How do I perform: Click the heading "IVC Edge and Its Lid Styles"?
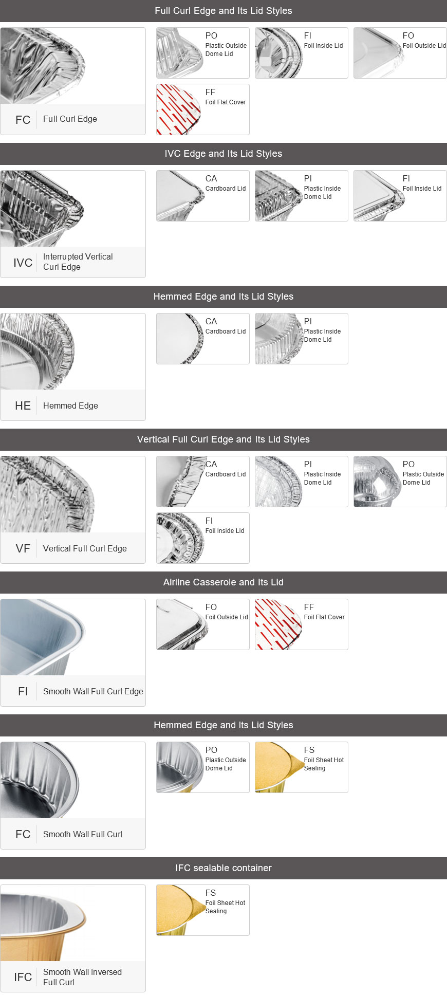[x=223, y=154]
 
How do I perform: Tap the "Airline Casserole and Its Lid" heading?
[x=223, y=582]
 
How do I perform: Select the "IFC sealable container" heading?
[x=223, y=868]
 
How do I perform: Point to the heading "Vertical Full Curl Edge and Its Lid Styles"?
[x=223, y=439]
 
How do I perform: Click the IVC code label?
[x=23, y=263]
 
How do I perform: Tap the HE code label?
[x=23, y=405]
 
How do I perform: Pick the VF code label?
[x=23, y=548]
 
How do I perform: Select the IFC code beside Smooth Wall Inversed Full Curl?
[x=23, y=977]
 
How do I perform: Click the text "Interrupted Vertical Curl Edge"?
[x=78, y=262]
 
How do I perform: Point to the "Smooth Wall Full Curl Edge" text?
[x=93, y=691]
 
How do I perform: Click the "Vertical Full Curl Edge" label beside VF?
[x=85, y=548]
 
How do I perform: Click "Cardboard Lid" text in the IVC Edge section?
[x=226, y=189]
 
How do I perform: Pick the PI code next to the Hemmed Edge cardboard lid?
[x=308, y=321]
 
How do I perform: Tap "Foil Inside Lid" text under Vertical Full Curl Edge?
[x=225, y=531]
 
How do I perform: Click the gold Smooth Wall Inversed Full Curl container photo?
[x=44, y=923]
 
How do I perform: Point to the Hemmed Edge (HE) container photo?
[x=38, y=352]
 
